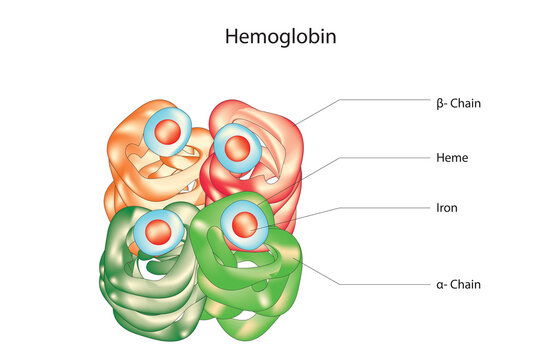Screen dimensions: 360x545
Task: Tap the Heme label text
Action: tap(452, 158)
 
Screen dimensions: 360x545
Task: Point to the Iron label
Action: tap(447, 208)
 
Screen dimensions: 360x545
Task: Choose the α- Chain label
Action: tap(459, 284)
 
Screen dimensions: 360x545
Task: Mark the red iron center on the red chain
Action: tap(237, 148)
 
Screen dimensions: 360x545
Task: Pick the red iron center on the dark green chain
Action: tap(159, 231)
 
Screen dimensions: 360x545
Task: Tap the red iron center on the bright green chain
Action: tap(243, 225)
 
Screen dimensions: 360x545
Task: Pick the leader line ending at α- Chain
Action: tap(380, 284)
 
